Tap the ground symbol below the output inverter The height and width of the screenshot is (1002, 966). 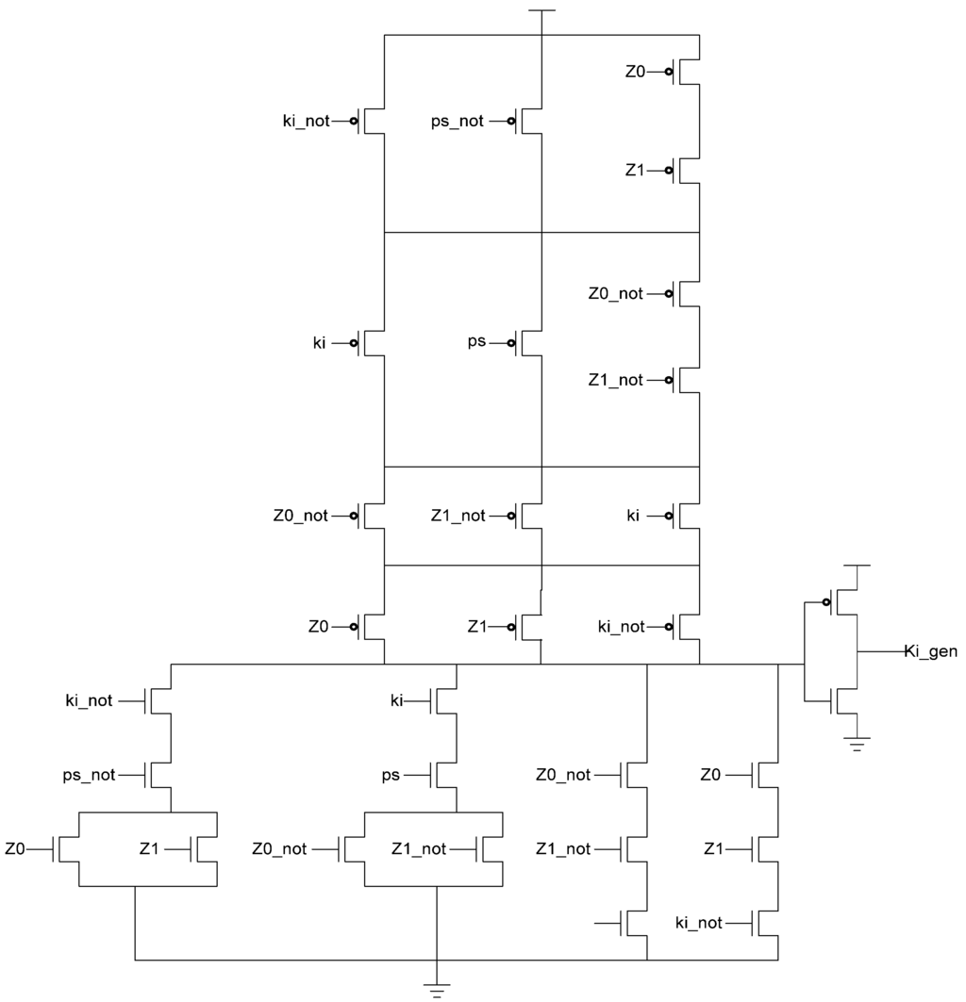pyautogui.click(x=857, y=744)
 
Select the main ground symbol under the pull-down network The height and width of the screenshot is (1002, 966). pyautogui.click(x=436, y=988)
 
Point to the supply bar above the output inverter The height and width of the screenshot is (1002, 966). pyautogui.click(x=857, y=566)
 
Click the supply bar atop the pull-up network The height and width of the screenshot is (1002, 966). pyautogui.click(x=541, y=11)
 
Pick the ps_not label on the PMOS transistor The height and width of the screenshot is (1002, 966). pyautogui.click(x=457, y=121)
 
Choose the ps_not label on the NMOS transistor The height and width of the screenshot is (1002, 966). pyautogui.click(x=90, y=775)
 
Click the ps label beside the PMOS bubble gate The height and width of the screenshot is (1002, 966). pyautogui.click(x=476, y=341)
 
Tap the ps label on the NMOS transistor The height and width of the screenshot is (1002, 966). pyautogui.click(x=391, y=775)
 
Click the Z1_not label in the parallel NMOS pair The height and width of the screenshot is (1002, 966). pyautogui.click(x=419, y=849)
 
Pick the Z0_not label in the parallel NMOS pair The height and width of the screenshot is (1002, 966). pyautogui.click(x=279, y=849)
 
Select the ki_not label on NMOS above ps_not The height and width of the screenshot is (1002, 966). pyautogui.click(x=90, y=700)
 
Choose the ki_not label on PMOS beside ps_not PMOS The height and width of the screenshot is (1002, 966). pyautogui.click(x=306, y=121)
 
